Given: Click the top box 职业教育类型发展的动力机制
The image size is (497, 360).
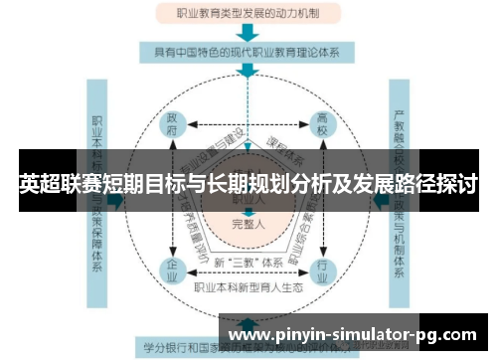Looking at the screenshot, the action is [248, 13].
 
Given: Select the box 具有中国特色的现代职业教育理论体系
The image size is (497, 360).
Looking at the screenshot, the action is [248, 53].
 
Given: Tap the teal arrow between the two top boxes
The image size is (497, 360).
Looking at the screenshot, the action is [248, 32].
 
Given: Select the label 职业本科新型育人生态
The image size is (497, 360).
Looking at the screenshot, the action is [248, 287].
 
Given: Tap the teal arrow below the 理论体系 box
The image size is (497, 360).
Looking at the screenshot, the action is [248, 74].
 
